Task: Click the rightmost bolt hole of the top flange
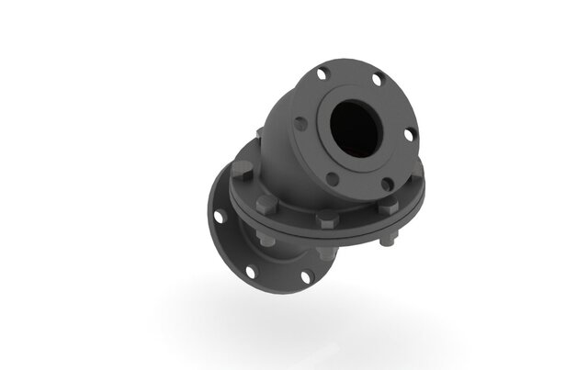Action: (x=409, y=134)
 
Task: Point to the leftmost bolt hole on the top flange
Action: (x=300, y=121)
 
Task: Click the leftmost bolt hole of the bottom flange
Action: (x=218, y=218)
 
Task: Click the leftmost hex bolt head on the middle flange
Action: (x=240, y=171)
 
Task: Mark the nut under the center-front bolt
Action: (x=323, y=251)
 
